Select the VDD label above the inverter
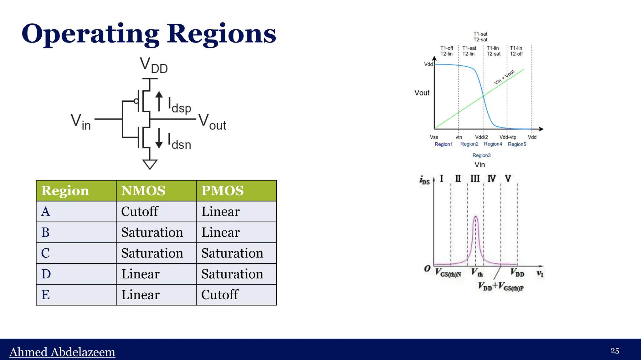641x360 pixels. click(153, 65)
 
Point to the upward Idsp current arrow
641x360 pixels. click(159, 101)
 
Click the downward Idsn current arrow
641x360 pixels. click(159, 138)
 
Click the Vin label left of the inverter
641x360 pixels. click(80, 122)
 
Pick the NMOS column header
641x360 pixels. click(143, 191)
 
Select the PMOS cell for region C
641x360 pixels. click(232, 253)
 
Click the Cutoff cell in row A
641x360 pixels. click(140, 211)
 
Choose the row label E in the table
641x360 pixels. click(46, 295)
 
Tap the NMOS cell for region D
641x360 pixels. click(141, 274)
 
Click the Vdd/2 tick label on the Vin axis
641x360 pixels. click(481, 137)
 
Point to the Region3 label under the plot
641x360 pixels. click(481, 155)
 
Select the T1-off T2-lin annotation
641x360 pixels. click(447, 51)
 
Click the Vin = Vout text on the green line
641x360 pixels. click(504, 77)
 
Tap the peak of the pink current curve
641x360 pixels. click(476, 216)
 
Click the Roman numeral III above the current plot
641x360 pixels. click(475, 179)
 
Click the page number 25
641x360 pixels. click(615, 351)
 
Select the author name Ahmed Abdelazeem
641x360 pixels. click(62, 352)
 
